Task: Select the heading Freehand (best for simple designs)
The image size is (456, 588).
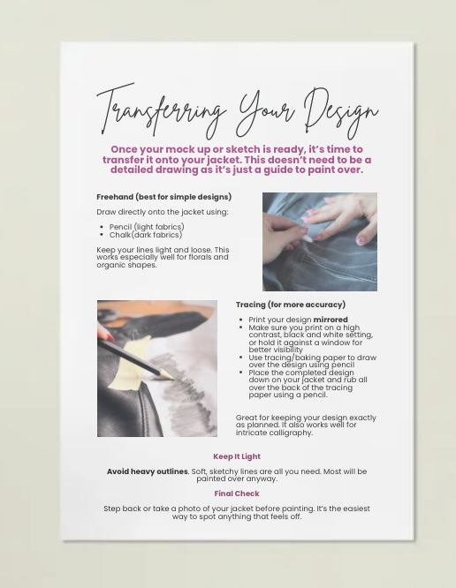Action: pos(164,197)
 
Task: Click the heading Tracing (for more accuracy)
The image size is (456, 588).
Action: pos(291,305)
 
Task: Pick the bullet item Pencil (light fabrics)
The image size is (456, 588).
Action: pos(147,227)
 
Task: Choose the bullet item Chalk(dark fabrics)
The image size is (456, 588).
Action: pos(146,235)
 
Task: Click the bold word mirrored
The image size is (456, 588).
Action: pos(331,320)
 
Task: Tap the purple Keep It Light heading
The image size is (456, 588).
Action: pos(237,456)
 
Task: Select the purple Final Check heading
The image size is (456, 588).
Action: pos(237,494)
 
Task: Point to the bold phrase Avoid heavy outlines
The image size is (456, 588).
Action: pos(148,471)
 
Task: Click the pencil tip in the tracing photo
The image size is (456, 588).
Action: pos(172,378)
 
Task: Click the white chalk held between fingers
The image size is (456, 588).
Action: pos(308,238)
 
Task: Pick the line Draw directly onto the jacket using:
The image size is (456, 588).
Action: pos(162,212)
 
